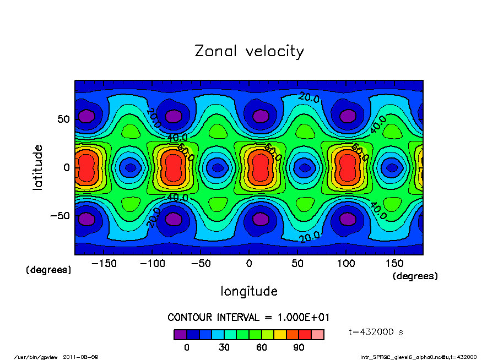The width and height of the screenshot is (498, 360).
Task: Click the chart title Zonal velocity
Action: click(249, 52)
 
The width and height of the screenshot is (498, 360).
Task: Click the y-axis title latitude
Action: click(38, 167)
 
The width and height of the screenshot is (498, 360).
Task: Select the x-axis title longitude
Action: click(249, 291)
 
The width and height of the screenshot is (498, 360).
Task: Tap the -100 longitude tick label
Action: click(152, 264)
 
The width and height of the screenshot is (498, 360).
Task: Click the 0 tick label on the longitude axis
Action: click(249, 264)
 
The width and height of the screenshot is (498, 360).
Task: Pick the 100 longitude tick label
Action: click(346, 264)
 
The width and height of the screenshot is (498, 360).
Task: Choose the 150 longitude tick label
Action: click(394, 264)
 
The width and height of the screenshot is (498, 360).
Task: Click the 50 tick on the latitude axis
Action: click(63, 119)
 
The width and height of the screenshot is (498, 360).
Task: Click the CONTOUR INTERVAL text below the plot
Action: click(248, 318)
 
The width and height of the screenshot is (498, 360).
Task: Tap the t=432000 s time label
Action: click(377, 332)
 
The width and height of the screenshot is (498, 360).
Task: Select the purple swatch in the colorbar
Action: click(180, 335)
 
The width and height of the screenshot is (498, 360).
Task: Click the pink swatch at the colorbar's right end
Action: click(317, 335)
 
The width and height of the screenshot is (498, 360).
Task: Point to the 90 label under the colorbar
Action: click(299, 347)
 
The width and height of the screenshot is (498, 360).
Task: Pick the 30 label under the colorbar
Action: click(224, 347)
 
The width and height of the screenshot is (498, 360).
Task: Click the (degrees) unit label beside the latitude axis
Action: click(48, 270)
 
